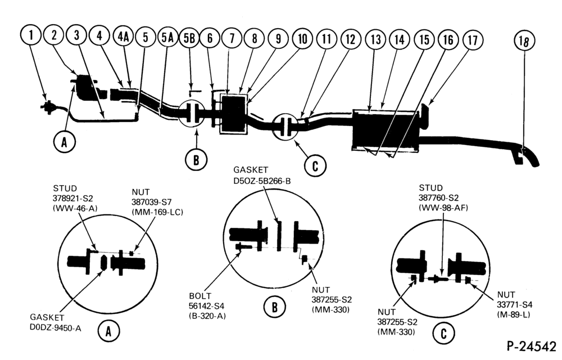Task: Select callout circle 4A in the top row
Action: (123, 37)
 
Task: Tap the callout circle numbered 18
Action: (524, 41)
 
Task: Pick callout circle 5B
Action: (189, 38)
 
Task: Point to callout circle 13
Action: (375, 39)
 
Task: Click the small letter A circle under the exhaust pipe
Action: (64, 142)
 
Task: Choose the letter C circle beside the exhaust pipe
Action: (315, 166)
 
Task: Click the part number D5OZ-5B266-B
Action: (262, 181)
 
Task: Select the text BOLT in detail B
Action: (200, 296)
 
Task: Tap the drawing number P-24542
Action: (531, 347)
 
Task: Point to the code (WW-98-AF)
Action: (443, 208)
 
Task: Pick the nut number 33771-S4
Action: (514, 305)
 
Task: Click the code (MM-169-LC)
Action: (157, 212)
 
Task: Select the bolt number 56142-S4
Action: (206, 306)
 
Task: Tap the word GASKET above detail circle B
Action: (251, 170)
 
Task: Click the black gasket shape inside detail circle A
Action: (103, 262)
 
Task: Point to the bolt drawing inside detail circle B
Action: (243, 246)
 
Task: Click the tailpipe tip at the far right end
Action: (536, 164)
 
